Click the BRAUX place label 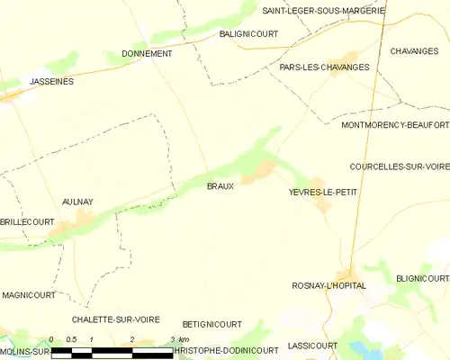point(220,186)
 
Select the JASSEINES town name point(50,81)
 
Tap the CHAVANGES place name point(414,51)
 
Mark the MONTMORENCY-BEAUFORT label point(395,125)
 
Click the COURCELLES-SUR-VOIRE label point(399,166)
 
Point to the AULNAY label point(78,202)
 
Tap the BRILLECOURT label point(26,220)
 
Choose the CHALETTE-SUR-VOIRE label point(116,319)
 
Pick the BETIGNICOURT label point(211,324)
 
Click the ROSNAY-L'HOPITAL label point(328,285)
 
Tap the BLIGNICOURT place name point(422,279)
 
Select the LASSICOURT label point(312,345)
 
